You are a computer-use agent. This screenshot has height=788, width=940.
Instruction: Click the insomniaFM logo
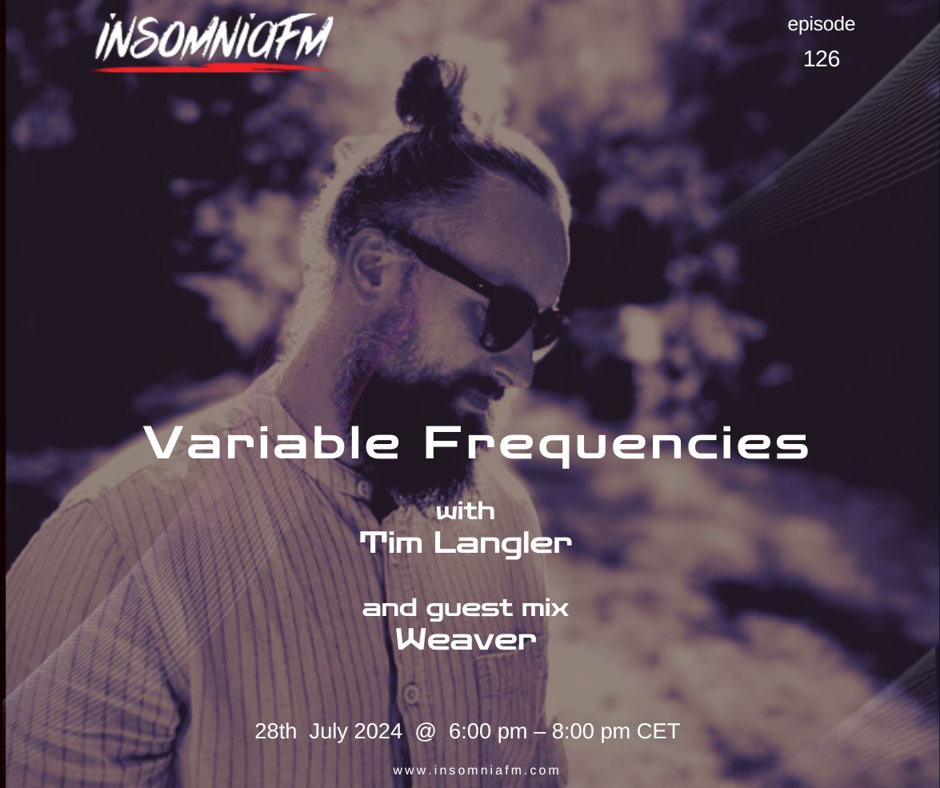point(213,42)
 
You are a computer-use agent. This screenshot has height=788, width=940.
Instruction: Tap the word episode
point(821,25)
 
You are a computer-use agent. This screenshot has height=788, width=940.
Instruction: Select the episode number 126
point(821,58)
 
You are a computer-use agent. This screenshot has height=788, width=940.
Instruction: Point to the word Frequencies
point(616,446)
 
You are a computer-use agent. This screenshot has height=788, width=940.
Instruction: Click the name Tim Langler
point(466,543)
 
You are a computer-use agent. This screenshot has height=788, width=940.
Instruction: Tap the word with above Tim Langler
point(466,511)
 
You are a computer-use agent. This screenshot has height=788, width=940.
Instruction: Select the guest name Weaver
point(466,639)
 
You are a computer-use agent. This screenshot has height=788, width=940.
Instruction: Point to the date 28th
point(276,731)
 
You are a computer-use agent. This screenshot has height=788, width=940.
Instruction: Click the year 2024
point(378,731)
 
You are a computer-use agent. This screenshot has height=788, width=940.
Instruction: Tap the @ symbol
point(425,732)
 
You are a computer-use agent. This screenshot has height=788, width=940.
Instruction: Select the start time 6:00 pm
point(488,732)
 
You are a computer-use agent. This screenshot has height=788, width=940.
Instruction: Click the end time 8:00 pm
point(591,732)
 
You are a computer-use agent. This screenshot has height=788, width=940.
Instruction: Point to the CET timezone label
point(658,731)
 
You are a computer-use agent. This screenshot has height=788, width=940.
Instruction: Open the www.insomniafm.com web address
point(477,770)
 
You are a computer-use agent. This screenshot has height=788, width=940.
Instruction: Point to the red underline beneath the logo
point(211,68)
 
